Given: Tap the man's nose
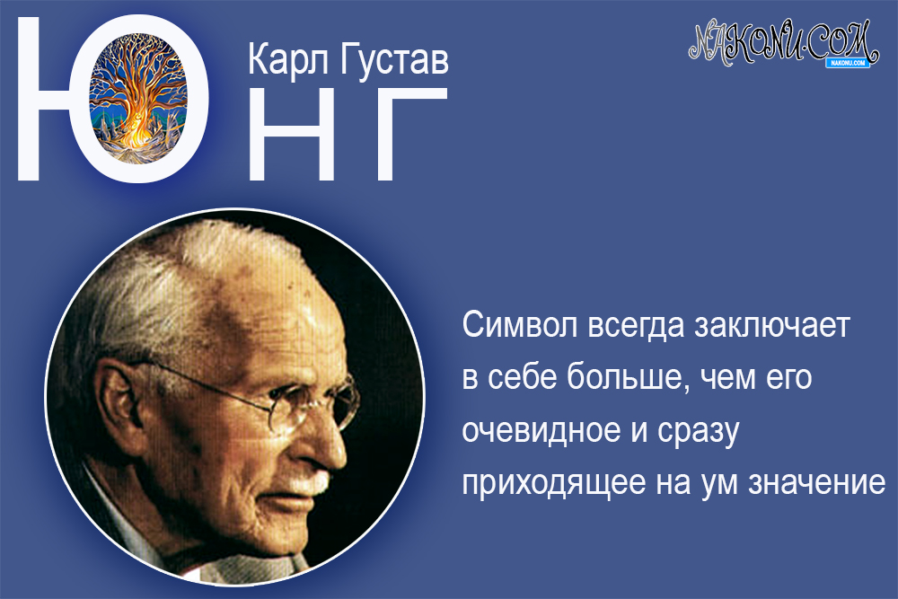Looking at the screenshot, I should tap(346, 440).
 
